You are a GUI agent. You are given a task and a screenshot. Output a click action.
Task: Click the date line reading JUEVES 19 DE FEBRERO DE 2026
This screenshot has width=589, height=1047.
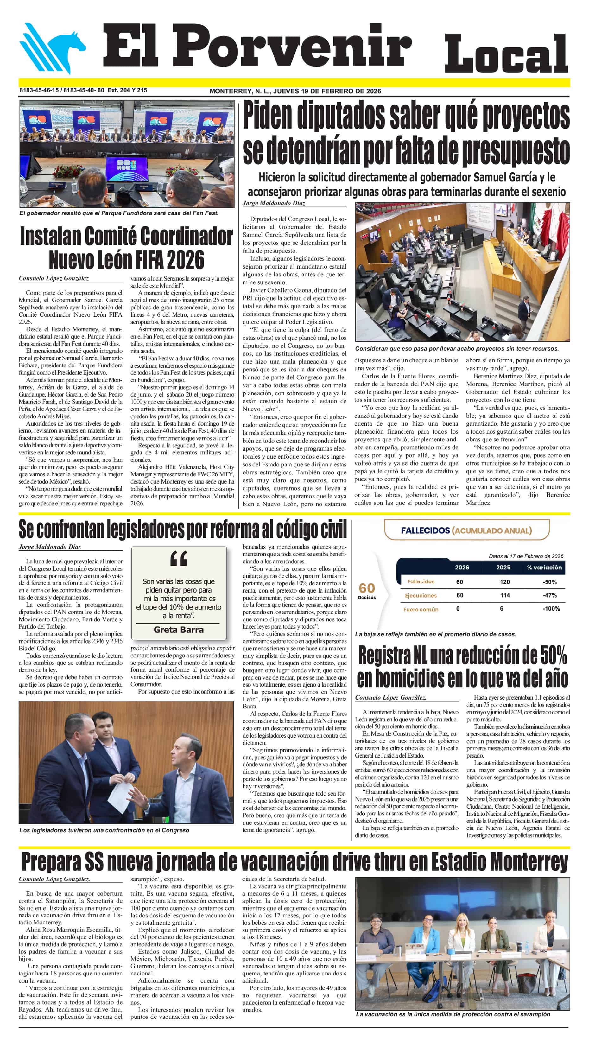pyautogui.click(x=327, y=91)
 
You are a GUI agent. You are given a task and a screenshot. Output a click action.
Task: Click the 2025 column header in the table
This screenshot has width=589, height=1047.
pyautogui.click(x=503, y=568)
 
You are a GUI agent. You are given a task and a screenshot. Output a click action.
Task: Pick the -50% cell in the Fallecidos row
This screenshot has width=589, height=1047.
pyautogui.click(x=549, y=582)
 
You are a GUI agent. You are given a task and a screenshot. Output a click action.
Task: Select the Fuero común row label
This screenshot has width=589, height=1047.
pyautogui.click(x=421, y=609)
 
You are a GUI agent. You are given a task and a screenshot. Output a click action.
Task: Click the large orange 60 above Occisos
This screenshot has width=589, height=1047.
pyautogui.click(x=367, y=588)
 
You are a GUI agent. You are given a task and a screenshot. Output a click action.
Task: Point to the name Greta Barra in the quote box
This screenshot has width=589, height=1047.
pyautogui.click(x=179, y=630)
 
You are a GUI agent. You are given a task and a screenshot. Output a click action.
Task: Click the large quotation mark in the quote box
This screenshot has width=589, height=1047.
pyautogui.click(x=179, y=559)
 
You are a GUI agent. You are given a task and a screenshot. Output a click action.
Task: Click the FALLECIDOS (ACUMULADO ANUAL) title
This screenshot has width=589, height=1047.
pyautogui.click(x=466, y=530)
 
